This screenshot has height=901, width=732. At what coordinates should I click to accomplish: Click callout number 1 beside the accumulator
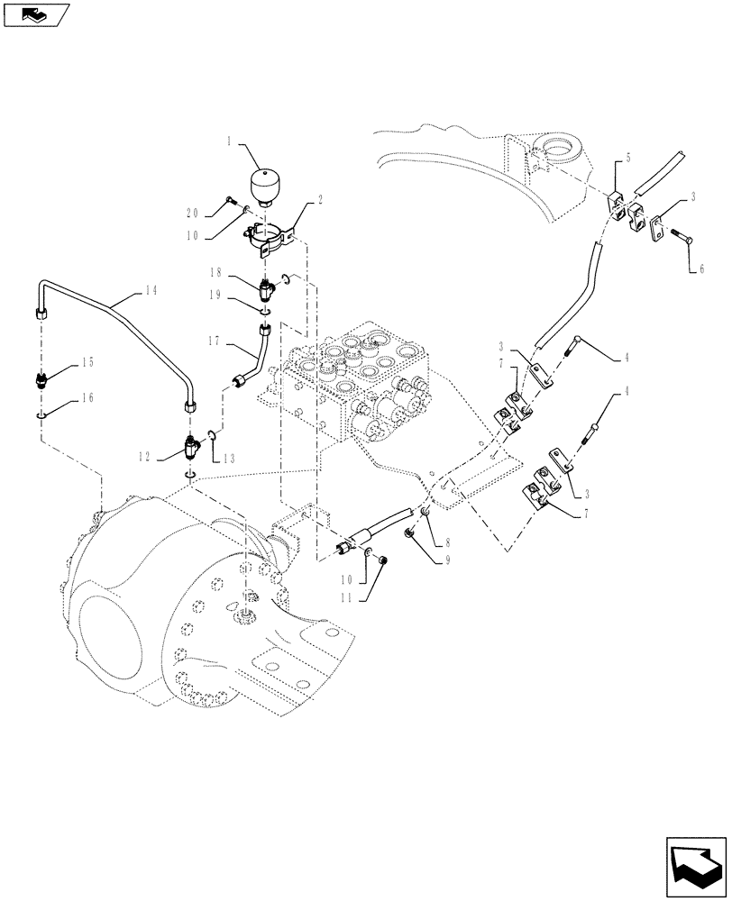click(230, 142)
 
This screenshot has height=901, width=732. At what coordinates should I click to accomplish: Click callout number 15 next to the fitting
click(88, 362)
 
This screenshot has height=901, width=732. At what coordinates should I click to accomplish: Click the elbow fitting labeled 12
click(192, 446)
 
